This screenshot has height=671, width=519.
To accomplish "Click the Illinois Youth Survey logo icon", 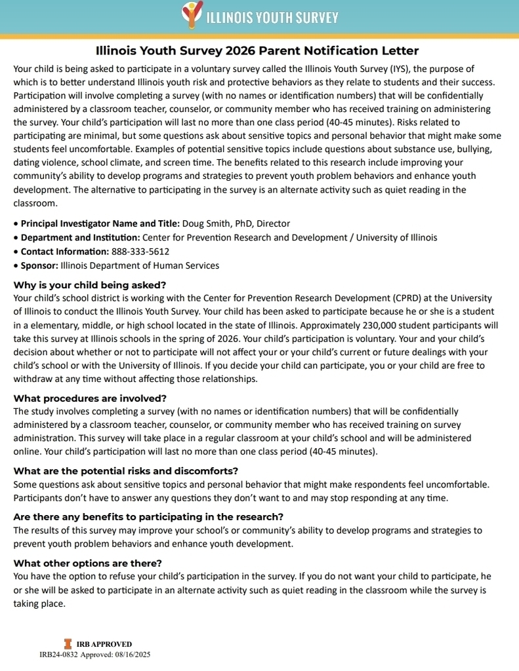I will pos(191,14).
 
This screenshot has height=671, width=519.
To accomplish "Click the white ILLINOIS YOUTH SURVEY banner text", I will pos(272,18).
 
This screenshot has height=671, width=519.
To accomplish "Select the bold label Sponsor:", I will pos(39,265).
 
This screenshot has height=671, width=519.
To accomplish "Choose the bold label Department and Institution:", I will pos(80,237).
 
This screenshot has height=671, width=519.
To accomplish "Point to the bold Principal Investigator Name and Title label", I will pos(100,223).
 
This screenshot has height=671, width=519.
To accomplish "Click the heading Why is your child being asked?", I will pos(90,285).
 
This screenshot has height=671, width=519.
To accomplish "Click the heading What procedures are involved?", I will pos(90,398).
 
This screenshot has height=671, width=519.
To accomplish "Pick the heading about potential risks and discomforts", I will pos(125,471).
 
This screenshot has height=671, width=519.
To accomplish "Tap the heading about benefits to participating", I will pos(148,516).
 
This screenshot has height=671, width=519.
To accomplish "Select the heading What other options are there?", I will pos(87,563).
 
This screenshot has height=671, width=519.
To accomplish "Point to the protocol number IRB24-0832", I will pos(59,654).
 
